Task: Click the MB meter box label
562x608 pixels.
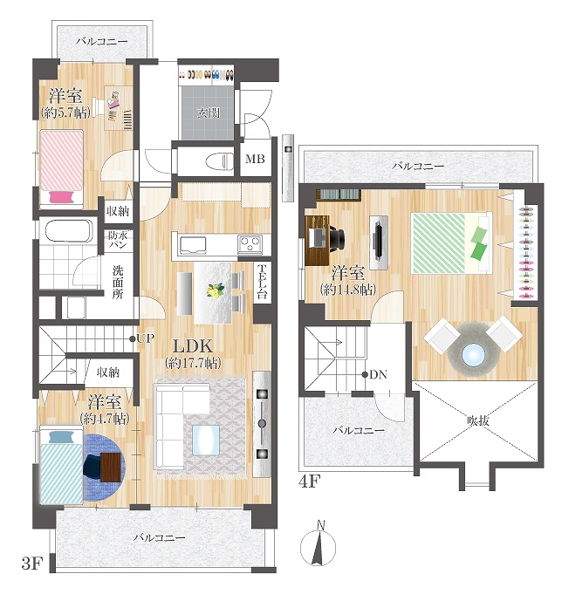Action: pos(255,159)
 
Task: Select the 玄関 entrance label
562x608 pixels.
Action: pos(209,113)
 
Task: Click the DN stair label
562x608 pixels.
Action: pos(378,374)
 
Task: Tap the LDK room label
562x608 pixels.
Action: pos(193,345)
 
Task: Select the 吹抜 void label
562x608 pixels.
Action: pos(478,420)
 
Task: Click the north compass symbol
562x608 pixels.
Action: pos(319,546)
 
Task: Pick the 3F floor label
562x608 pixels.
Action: pos(31,564)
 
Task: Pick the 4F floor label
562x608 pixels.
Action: pos(310,482)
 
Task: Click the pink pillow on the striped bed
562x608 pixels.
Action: pos(62,197)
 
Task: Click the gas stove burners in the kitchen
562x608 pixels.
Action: pos(250,244)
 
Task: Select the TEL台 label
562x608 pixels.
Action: pos(262,282)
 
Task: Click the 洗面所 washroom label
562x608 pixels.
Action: pos(118,283)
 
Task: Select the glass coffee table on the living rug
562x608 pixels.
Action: pos(206,441)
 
